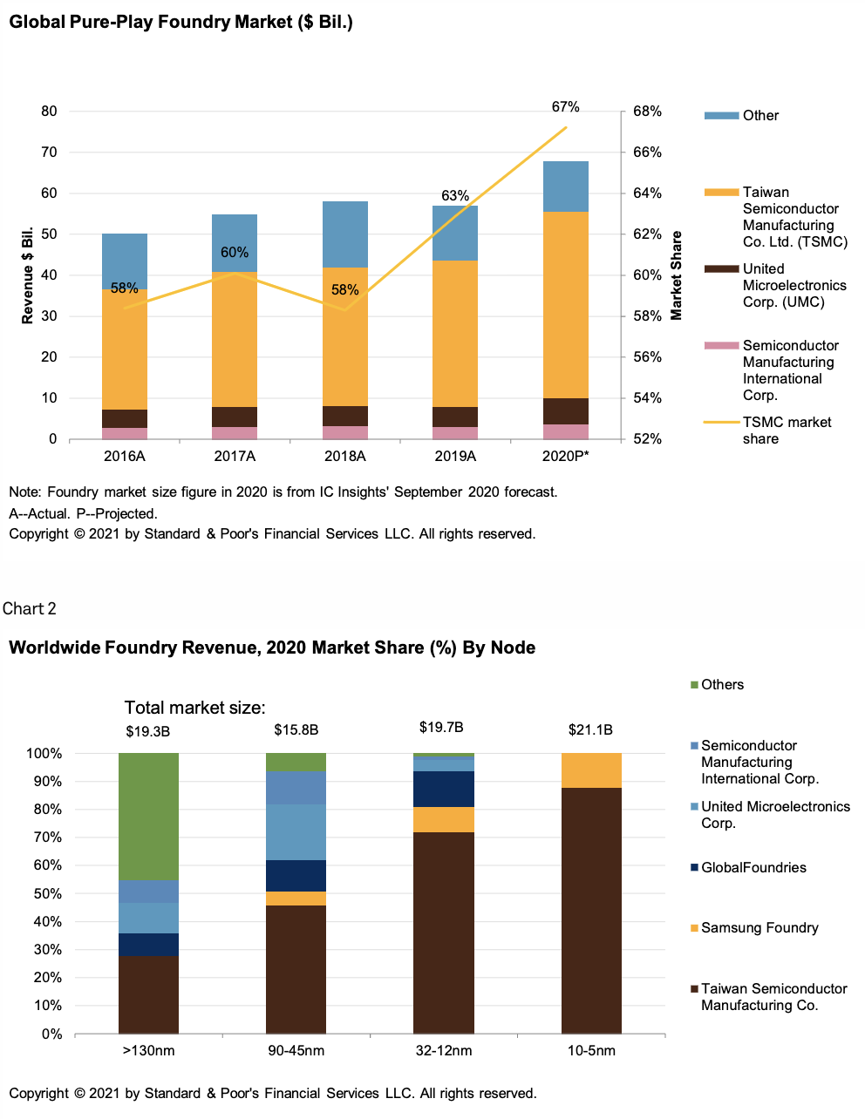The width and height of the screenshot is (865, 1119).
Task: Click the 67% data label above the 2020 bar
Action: click(565, 107)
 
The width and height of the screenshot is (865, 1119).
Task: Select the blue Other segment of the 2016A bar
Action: click(125, 260)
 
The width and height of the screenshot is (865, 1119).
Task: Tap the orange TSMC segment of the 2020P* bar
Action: click(565, 305)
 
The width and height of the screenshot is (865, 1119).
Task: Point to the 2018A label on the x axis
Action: click(344, 456)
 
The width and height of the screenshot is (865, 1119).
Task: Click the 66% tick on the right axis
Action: click(646, 153)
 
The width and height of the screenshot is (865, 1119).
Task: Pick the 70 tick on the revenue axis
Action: click(49, 153)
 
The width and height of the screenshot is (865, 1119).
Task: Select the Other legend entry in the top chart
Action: click(759, 116)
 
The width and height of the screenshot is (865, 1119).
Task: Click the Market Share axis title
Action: click(677, 275)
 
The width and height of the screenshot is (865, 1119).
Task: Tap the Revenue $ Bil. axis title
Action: click(28, 275)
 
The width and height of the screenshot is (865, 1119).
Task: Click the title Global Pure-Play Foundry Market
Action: click(180, 22)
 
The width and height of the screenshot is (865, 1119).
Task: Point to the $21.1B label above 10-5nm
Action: click(590, 730)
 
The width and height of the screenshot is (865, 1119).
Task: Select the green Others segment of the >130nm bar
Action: click(148, 816)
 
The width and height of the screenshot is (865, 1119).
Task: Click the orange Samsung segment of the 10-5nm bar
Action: click(591, 770)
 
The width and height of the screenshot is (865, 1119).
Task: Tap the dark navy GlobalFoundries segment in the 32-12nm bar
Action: click(444, 789)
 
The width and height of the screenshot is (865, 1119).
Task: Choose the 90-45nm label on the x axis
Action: click(296, 1051)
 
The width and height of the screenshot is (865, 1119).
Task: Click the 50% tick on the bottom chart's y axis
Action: click(44, 894)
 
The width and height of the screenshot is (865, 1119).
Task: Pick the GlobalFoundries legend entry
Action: click(753, 868)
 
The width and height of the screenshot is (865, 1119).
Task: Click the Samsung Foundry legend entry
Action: click(759, 928)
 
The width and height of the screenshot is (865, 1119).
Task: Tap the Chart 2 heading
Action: click(30, 609)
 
